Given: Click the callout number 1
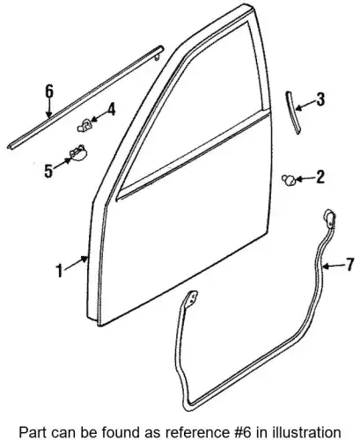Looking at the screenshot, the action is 60,271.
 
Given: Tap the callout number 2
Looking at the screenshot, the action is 320,177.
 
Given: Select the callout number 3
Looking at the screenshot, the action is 320,99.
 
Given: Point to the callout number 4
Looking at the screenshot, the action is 111,110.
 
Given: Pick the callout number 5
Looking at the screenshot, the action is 48,171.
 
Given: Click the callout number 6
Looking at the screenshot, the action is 49,92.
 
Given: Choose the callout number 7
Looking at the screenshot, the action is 349,265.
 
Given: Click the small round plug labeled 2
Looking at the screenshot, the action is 288,180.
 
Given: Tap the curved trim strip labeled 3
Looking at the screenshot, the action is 293,113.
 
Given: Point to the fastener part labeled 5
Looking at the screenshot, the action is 77,153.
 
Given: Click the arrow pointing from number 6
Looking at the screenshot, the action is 49,108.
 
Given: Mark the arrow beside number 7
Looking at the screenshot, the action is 333,267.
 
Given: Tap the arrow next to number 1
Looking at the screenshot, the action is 76,262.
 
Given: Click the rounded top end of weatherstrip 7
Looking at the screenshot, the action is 329,216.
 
